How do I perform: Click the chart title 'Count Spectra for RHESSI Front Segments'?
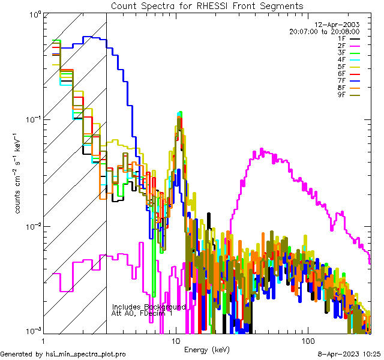[207, 5]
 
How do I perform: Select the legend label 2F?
[341, 46]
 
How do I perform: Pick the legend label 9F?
[341, 95]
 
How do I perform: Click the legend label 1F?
[341, 38]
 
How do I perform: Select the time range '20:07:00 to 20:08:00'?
[324, 31]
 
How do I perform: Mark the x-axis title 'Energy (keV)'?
[207, 349]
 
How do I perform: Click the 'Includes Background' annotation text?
[148, 307]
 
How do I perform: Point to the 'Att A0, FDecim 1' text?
[142, 313]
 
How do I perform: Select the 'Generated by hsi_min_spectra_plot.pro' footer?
[63, 355]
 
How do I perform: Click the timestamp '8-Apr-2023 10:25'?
[348, 355]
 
